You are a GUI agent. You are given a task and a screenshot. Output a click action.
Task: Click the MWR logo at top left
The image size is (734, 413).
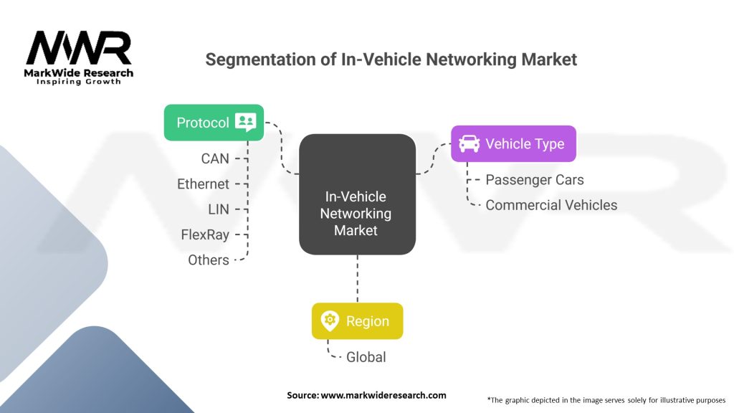pyautogui.click(x=79, y=50)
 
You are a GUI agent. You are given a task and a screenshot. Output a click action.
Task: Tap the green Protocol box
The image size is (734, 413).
pyautogui.click(x=214, y=123)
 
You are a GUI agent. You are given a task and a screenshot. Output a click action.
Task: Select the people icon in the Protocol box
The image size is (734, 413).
pyautogui.click(x=245, y=123)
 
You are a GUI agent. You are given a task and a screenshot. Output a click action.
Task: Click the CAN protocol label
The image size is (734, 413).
pyautogui.click(x=215, y=158)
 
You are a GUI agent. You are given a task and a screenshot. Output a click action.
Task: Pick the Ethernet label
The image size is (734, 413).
pyautogui.click(x=203, y=184)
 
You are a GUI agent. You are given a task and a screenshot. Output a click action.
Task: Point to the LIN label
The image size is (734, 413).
pyautogui.click(x=218, y=209)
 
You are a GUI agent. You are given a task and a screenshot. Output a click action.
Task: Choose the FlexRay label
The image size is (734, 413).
pyautogui.click(x=205, y=234)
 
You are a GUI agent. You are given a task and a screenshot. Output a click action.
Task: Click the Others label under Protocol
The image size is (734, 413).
pyautogui.click(x=209, y=260)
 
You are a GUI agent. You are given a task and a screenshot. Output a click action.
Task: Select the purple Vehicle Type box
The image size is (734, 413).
pyautogui.click(x=513, y=143)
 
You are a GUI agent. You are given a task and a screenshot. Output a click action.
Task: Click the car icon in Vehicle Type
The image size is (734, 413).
pyautogui.click(x=469, y=143)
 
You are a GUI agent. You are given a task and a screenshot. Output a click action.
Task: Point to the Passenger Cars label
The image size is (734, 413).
pyautogui.click(x=534, y=179)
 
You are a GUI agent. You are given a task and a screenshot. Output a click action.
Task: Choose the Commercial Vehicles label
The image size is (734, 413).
pyautogui.click(x=550, y=205)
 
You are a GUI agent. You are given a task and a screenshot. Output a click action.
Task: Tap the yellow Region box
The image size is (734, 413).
pyautogui.click(x=357, y=321)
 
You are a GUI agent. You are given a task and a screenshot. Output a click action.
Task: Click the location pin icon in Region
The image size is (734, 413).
pyautogui.click(x=330, y=321)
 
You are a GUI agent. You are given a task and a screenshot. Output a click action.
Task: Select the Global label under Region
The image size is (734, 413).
pyautogui.click(x=366, y=356)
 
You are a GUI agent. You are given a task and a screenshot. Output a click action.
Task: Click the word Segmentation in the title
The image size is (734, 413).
pyautogui.click(x=260, y=60)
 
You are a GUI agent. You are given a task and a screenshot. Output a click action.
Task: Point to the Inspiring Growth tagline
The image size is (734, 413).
pyautogui.click(x=79, y=82)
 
